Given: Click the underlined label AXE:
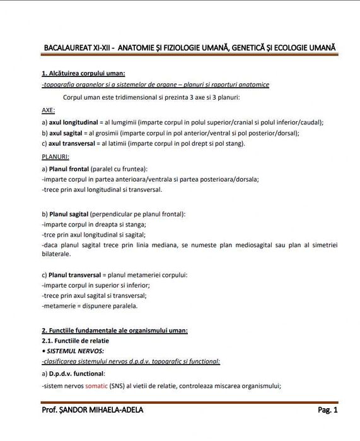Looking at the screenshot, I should click(49, 110).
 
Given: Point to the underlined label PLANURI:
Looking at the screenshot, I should click(55, 156).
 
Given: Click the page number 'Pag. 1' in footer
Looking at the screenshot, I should click(328, 410).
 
